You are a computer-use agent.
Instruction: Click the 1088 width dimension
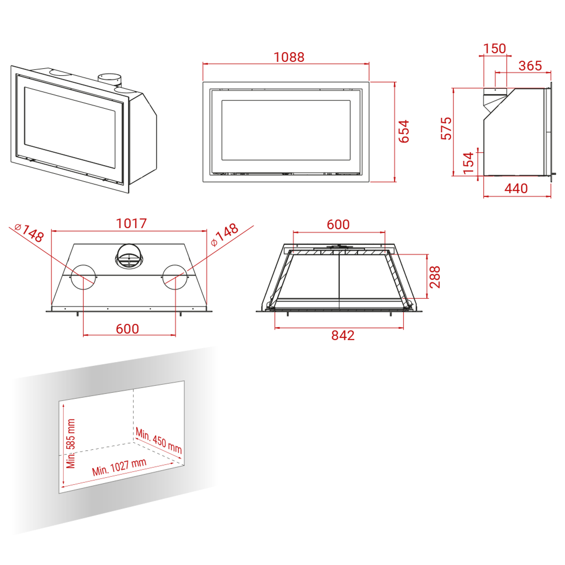(x=289, y=57)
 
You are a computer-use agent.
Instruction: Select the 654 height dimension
(x=403, y=131)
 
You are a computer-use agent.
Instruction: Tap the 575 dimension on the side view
(x=446, y=128)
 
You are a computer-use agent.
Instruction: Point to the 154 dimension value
(x=468, y=163)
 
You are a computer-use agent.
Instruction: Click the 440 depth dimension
(x=516, y=189)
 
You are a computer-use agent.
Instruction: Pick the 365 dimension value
(x=530, y=66)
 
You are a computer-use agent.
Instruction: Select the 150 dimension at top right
(x=494, y=49)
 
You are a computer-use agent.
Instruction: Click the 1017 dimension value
(x=131, y=224)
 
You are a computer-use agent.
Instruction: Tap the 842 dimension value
(x=343, y=336)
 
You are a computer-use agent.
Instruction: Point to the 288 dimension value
(x=435, y=277)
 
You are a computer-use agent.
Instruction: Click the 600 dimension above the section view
(x=338, y=225)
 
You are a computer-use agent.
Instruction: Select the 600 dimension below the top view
(x=127, y=329)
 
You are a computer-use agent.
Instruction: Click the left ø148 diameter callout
(x=29, y=233)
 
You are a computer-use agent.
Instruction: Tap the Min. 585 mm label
(x=71, y=444)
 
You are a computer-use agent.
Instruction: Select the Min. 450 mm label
(x=159, y=441)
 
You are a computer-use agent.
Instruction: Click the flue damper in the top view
(x=129, y=256)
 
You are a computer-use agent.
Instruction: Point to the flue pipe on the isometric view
(x=109, y=79)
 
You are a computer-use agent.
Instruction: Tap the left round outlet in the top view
(x=83, y=277)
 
